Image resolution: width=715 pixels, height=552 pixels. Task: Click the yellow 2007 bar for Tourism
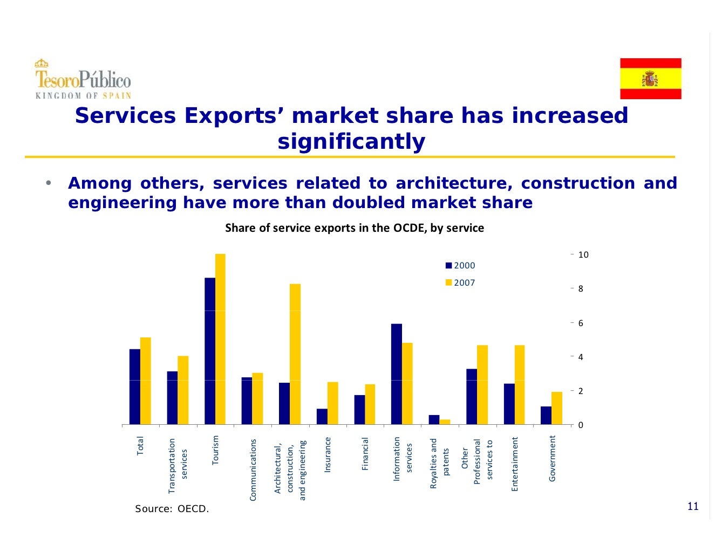220,339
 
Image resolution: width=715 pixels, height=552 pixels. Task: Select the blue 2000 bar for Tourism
210,351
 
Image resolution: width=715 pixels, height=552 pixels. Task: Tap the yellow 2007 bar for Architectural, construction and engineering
295,354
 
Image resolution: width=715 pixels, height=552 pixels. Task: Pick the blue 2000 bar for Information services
397,374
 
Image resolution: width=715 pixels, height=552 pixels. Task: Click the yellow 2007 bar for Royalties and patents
445,422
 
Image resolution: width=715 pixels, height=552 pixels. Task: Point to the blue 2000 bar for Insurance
322,417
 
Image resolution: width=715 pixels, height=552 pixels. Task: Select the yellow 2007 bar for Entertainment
520,385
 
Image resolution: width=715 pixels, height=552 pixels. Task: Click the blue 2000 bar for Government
546,415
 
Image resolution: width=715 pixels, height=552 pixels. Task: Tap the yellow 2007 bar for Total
146,381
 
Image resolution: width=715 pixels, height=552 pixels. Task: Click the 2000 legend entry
460,265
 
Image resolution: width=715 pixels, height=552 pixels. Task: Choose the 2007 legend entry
460,282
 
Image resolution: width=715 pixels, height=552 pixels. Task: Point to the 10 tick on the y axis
583,255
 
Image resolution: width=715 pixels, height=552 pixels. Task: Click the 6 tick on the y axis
581,323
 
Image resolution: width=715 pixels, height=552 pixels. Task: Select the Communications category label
253,470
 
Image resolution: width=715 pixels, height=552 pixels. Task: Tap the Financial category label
365,453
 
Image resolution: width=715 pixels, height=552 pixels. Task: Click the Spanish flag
650,79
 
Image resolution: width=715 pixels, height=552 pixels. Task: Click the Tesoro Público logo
83,79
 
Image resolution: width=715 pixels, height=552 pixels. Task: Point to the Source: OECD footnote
172,509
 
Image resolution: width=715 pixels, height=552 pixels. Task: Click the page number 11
693,506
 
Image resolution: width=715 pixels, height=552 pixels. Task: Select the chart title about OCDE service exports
355,228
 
